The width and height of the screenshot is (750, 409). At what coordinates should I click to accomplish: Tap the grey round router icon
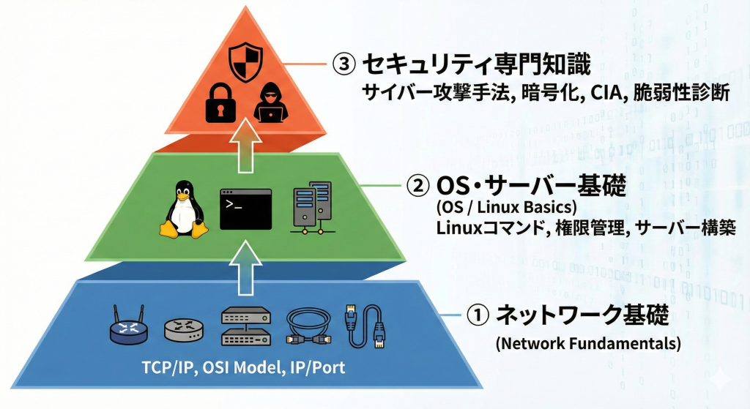coord(182,329)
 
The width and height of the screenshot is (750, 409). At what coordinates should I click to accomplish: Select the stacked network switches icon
coord(245,326)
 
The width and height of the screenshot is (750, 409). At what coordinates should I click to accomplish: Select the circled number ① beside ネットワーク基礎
coord(477,315)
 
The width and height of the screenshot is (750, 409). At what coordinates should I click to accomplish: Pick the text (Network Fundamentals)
coord(587,342)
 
